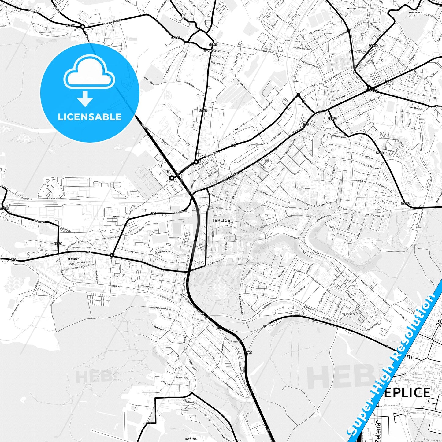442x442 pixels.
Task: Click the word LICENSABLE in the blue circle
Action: click(90, 117)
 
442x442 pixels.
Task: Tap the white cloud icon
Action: click(89, 74)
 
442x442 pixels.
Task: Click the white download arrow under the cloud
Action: click(85, 99)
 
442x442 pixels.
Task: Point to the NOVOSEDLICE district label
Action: click(211, 51)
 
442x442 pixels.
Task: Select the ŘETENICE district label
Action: click(73, 259)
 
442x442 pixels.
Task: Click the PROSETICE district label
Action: click(349, 314)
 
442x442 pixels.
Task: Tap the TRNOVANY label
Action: click(351, 8)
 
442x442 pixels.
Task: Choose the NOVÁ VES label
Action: click(191, 438)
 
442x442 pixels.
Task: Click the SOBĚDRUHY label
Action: click(415, 13)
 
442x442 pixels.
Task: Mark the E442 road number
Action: click(248, 352)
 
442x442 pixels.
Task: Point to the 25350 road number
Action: click(373, 91)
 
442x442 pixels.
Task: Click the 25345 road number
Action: click(176, 38)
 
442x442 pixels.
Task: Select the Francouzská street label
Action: click(161, 308)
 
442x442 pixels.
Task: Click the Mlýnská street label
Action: click(293, 236)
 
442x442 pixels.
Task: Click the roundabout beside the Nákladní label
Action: click(196, 162)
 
